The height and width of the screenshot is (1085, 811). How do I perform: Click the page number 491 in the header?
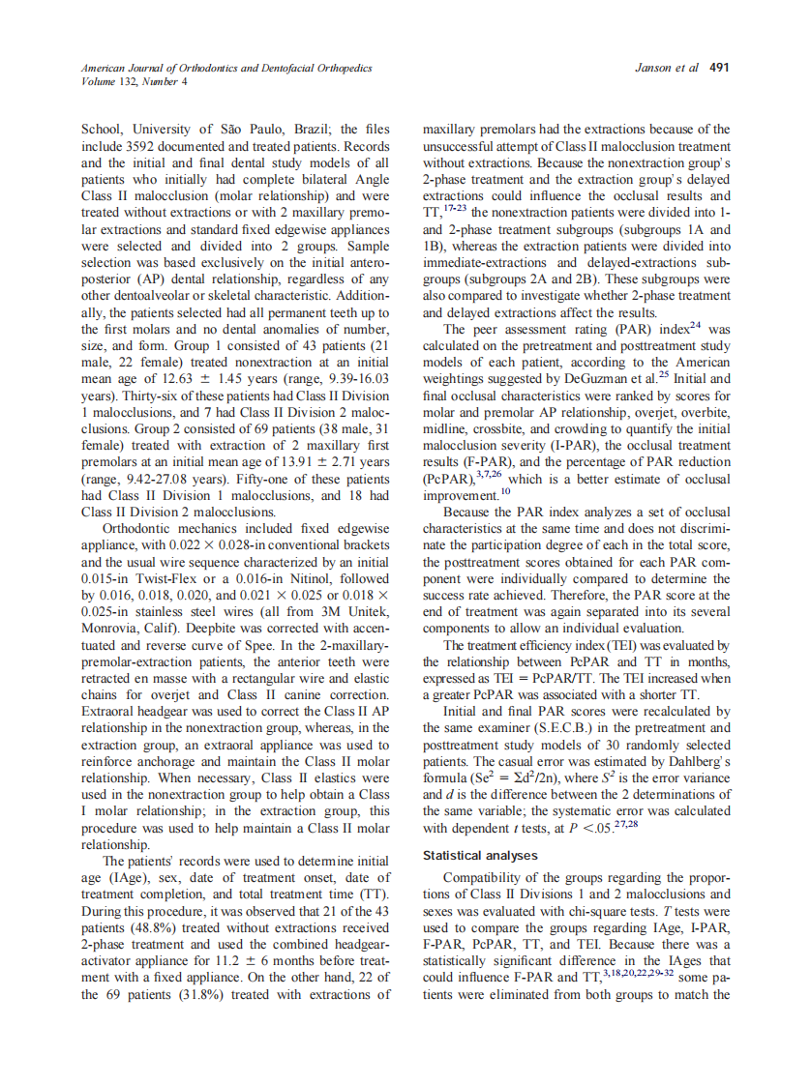point(719,69)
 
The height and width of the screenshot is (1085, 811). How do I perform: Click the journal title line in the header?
point(226,69)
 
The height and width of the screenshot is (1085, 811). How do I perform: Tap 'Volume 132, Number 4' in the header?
point(135,81)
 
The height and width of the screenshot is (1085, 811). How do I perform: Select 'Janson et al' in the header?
point(667,69)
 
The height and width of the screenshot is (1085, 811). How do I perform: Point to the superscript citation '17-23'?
point(453,209)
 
